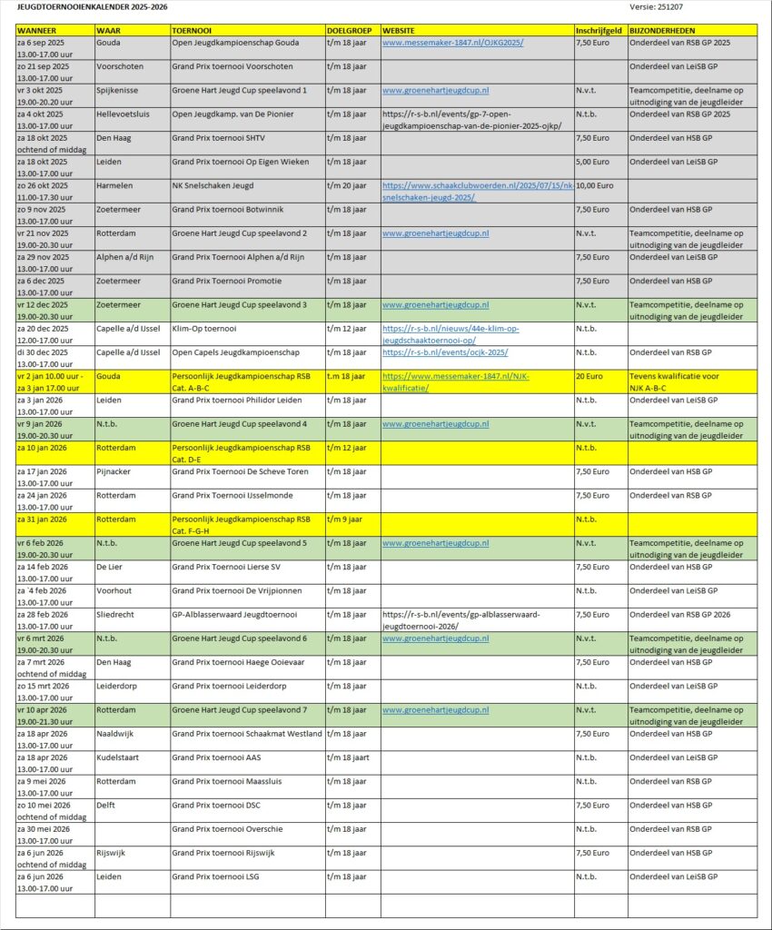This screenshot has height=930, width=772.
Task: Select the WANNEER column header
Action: click(36, 31)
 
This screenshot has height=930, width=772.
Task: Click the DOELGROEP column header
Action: click(349, 31)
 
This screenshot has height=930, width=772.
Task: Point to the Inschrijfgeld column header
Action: click(599, 31)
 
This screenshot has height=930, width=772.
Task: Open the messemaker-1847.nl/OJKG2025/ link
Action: click(452, 43)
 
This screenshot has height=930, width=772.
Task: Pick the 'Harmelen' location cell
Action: click(115, 185)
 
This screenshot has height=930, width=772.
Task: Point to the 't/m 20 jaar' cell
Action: click(347, 185)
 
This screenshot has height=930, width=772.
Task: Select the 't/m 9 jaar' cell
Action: click(344, 519)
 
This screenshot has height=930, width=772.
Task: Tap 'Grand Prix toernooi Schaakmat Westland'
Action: click(246, 733)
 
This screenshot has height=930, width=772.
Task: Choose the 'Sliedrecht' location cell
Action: click(116, 614)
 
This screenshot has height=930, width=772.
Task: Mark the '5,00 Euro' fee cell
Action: click(592, 162)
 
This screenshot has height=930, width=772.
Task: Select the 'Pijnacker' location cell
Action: click(115, 471)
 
